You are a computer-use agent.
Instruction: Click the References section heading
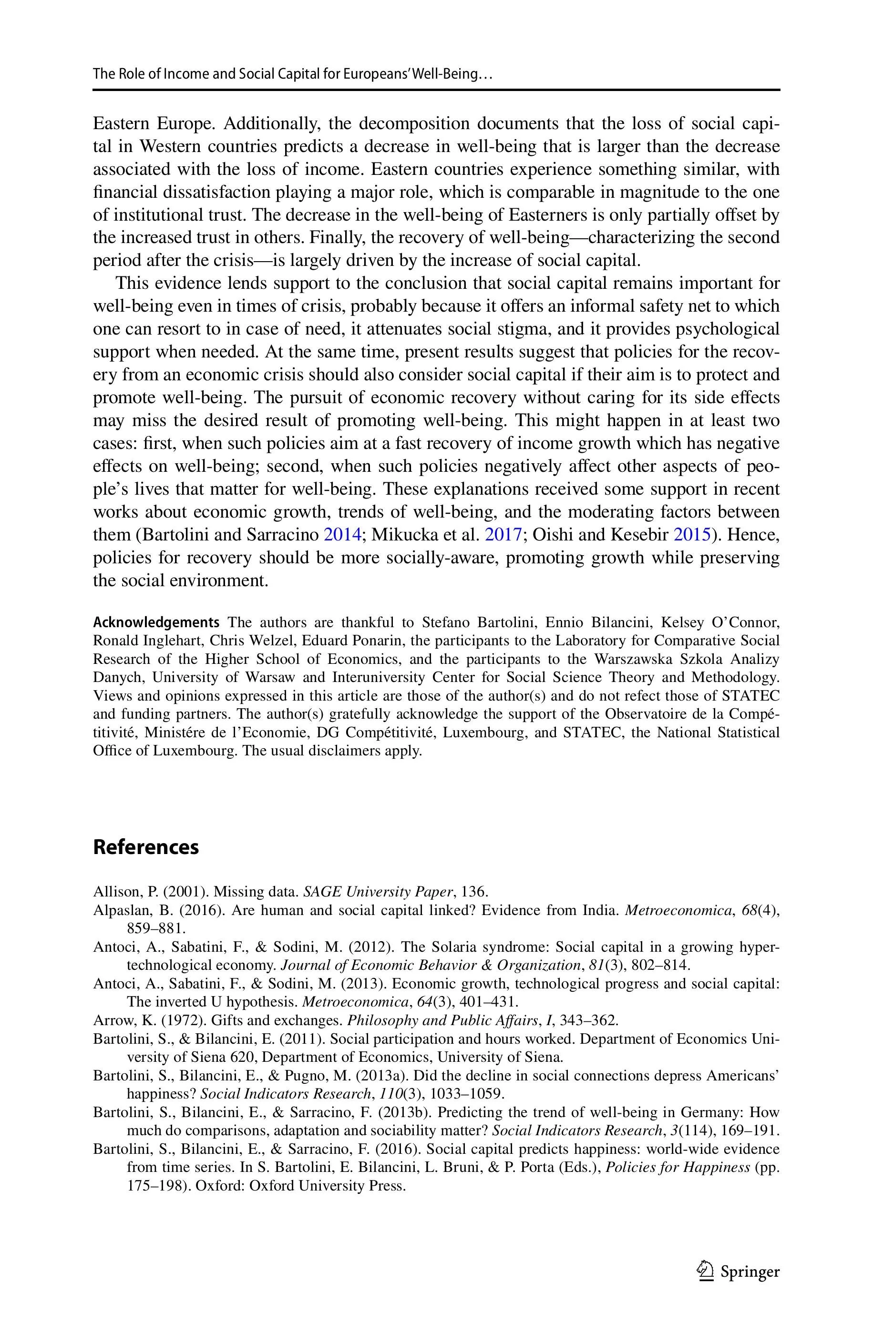click(x=146, y=847)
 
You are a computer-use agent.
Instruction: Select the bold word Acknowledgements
click(x=156, y=622)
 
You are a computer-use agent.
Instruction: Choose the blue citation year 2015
click(x=692, y=535)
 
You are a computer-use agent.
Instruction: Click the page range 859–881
click(x=156, y=928)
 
